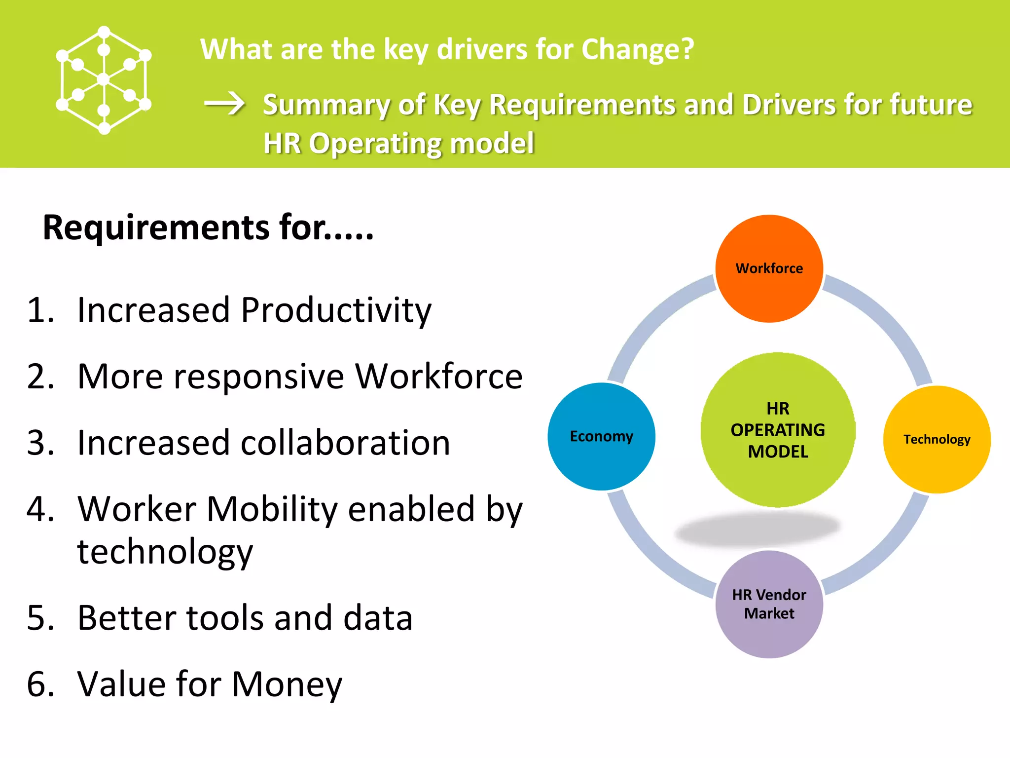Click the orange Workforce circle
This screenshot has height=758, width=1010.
point(769,268)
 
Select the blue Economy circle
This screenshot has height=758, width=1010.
point(601,436)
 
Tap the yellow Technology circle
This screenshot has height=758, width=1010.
point(937,439)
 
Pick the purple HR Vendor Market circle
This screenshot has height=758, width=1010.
point(769,604)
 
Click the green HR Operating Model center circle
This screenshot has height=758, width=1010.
point(778,430)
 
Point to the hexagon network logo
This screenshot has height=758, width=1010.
point(104,80)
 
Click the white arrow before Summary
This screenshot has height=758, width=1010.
point(225,104)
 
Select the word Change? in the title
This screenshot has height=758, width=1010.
point(638,50)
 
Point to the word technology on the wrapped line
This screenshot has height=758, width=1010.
point(165,552)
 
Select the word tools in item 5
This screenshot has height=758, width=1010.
point(228,618)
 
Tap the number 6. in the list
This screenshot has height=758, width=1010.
point(40,684)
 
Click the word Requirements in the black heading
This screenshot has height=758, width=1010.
point(156,228)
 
